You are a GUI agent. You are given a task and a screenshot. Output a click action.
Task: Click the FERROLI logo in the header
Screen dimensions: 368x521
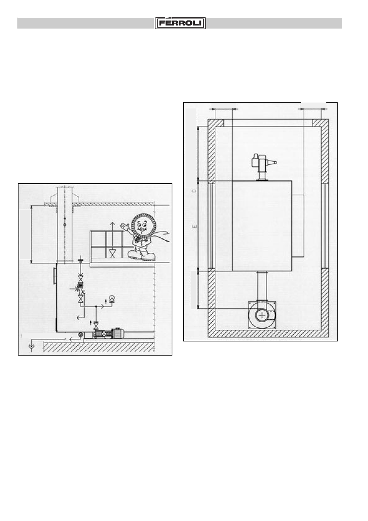(181, 23)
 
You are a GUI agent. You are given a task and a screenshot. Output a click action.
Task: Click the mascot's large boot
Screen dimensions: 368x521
(141, 255)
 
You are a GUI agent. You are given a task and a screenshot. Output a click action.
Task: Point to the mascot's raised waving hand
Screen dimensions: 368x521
(124, 226)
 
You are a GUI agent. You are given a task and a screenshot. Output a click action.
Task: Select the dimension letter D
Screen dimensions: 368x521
(194, 191)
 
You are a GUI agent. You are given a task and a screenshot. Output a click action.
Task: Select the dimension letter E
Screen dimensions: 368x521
(194, 226)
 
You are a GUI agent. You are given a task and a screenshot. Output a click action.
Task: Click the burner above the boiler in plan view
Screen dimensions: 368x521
(263, 166)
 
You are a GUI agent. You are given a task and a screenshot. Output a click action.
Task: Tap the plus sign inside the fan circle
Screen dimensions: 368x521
(262, 315)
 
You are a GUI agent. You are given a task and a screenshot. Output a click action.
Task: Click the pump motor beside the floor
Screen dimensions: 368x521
(118, 333)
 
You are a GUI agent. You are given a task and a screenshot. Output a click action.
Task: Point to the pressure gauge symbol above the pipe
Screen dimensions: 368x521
(112, 298)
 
